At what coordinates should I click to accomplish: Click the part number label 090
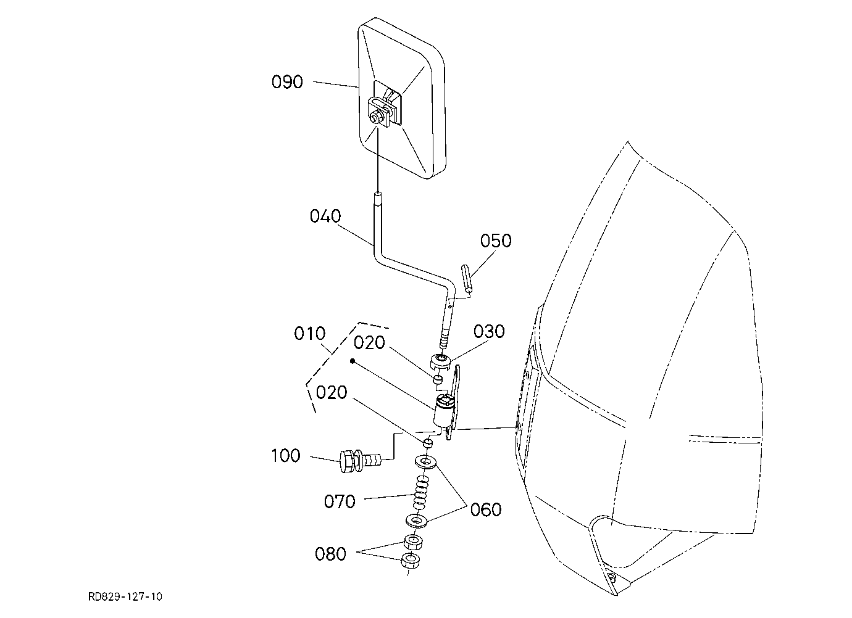pyautogui.click(x=287, y=82)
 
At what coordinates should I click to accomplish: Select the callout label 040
pyautogui.click(x=325, y=216)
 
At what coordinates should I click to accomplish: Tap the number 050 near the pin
pyautogui.click(x=496, y=241)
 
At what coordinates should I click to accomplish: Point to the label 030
pyautogui.click(x=489, y=331)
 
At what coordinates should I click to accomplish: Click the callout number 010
pyautogui.click(x=309, y=333)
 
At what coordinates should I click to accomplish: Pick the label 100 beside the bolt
pyautogui.click(x=286, y=455)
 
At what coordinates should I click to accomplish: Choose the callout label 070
pyautogui.click(x=340, y=501)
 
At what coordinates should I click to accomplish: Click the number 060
pyautogui.click(x=486, y=509)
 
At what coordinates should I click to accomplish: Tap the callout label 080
pyautogui.click(x=330, y=554)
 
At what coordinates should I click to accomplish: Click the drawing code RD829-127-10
pyautogui.click(x=125, y=596)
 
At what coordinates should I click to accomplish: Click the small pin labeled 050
pyautogui.click(x=467, y=278)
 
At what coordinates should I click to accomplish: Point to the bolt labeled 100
pyautogui.click(x=359, y=461)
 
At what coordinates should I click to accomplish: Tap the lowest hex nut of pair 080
pyautogui.click(x=410, y=561)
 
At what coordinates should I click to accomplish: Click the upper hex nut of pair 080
pyautogui.click(x=413, y=542)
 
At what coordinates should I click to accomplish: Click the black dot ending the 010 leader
pyautogui.click(x=353, y=361)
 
